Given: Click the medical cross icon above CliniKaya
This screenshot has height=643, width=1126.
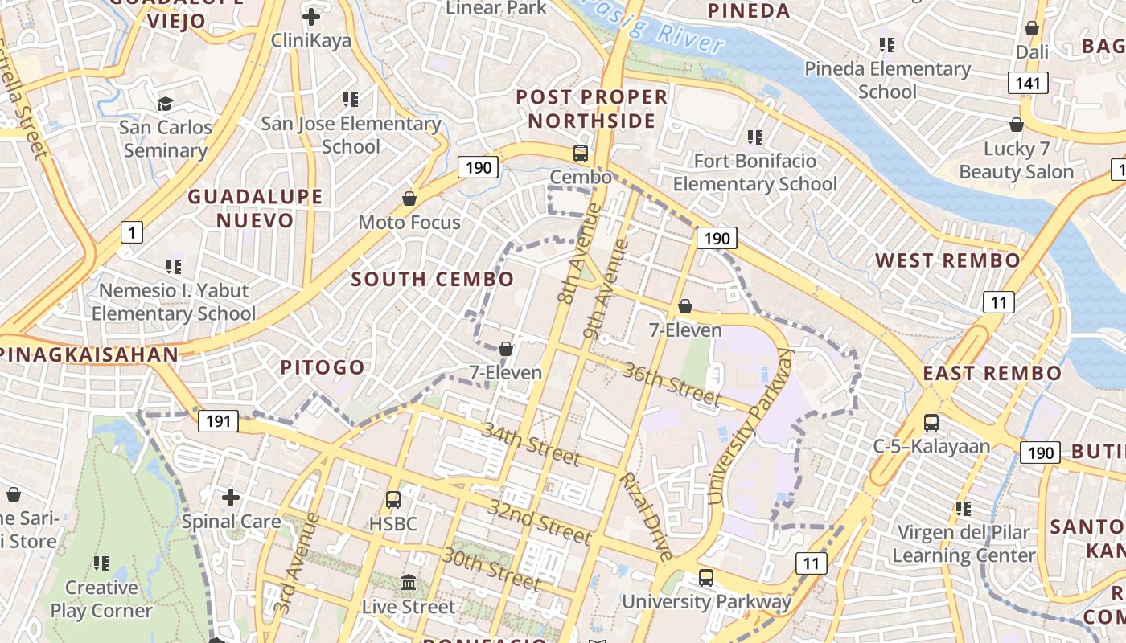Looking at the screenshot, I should point(311,16).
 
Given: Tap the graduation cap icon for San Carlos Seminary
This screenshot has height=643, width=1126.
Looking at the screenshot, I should point(166,104).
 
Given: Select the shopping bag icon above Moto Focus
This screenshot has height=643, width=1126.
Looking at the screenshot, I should point(409,198).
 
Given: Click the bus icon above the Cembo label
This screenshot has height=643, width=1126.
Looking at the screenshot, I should point(580,153).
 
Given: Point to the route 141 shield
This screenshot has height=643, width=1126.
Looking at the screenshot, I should point(1028,82).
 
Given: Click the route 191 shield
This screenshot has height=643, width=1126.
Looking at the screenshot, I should point(218,420).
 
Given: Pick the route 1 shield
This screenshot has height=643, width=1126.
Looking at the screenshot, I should point(132,233).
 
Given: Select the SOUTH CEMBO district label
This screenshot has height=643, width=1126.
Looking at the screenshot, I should point(433,280).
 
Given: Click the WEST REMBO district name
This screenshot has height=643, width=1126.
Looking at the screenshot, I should point(947,260).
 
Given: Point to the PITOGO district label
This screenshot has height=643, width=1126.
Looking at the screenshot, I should point(323,368).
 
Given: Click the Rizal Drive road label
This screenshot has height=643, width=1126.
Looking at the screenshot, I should point(644,516).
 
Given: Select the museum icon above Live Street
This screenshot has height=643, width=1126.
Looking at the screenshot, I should point(409,582).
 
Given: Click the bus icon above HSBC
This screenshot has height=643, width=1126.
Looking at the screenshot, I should point(393,499).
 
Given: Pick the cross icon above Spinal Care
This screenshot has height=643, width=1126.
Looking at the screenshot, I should point(231,497).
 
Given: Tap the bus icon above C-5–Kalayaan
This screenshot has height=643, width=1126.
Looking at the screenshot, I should point(931,422).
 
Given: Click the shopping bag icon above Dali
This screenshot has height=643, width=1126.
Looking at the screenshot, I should point(1032,28).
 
